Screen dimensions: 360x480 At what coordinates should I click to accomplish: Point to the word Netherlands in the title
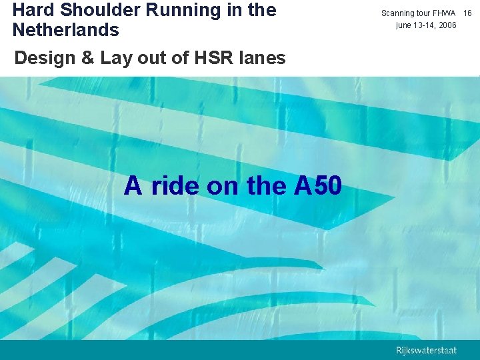click(65, 30)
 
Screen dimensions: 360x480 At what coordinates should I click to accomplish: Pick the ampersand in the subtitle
click(87, 59)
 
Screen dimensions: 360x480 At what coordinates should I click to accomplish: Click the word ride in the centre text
click(176, 185)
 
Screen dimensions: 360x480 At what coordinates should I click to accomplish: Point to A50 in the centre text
click(317, 185)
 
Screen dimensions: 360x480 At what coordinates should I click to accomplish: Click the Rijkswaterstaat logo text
click(427, 350)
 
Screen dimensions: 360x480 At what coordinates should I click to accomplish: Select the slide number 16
click(467, 13)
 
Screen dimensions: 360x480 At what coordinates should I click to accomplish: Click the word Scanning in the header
click(398, 13)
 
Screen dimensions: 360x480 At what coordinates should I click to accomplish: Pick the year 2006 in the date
click(447, 25)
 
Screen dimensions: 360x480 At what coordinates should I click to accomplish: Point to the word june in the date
click(405, 25)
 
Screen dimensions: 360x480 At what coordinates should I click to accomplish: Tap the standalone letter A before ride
click(133, 185)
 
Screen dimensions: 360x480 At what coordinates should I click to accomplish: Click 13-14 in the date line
click(425, 25)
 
